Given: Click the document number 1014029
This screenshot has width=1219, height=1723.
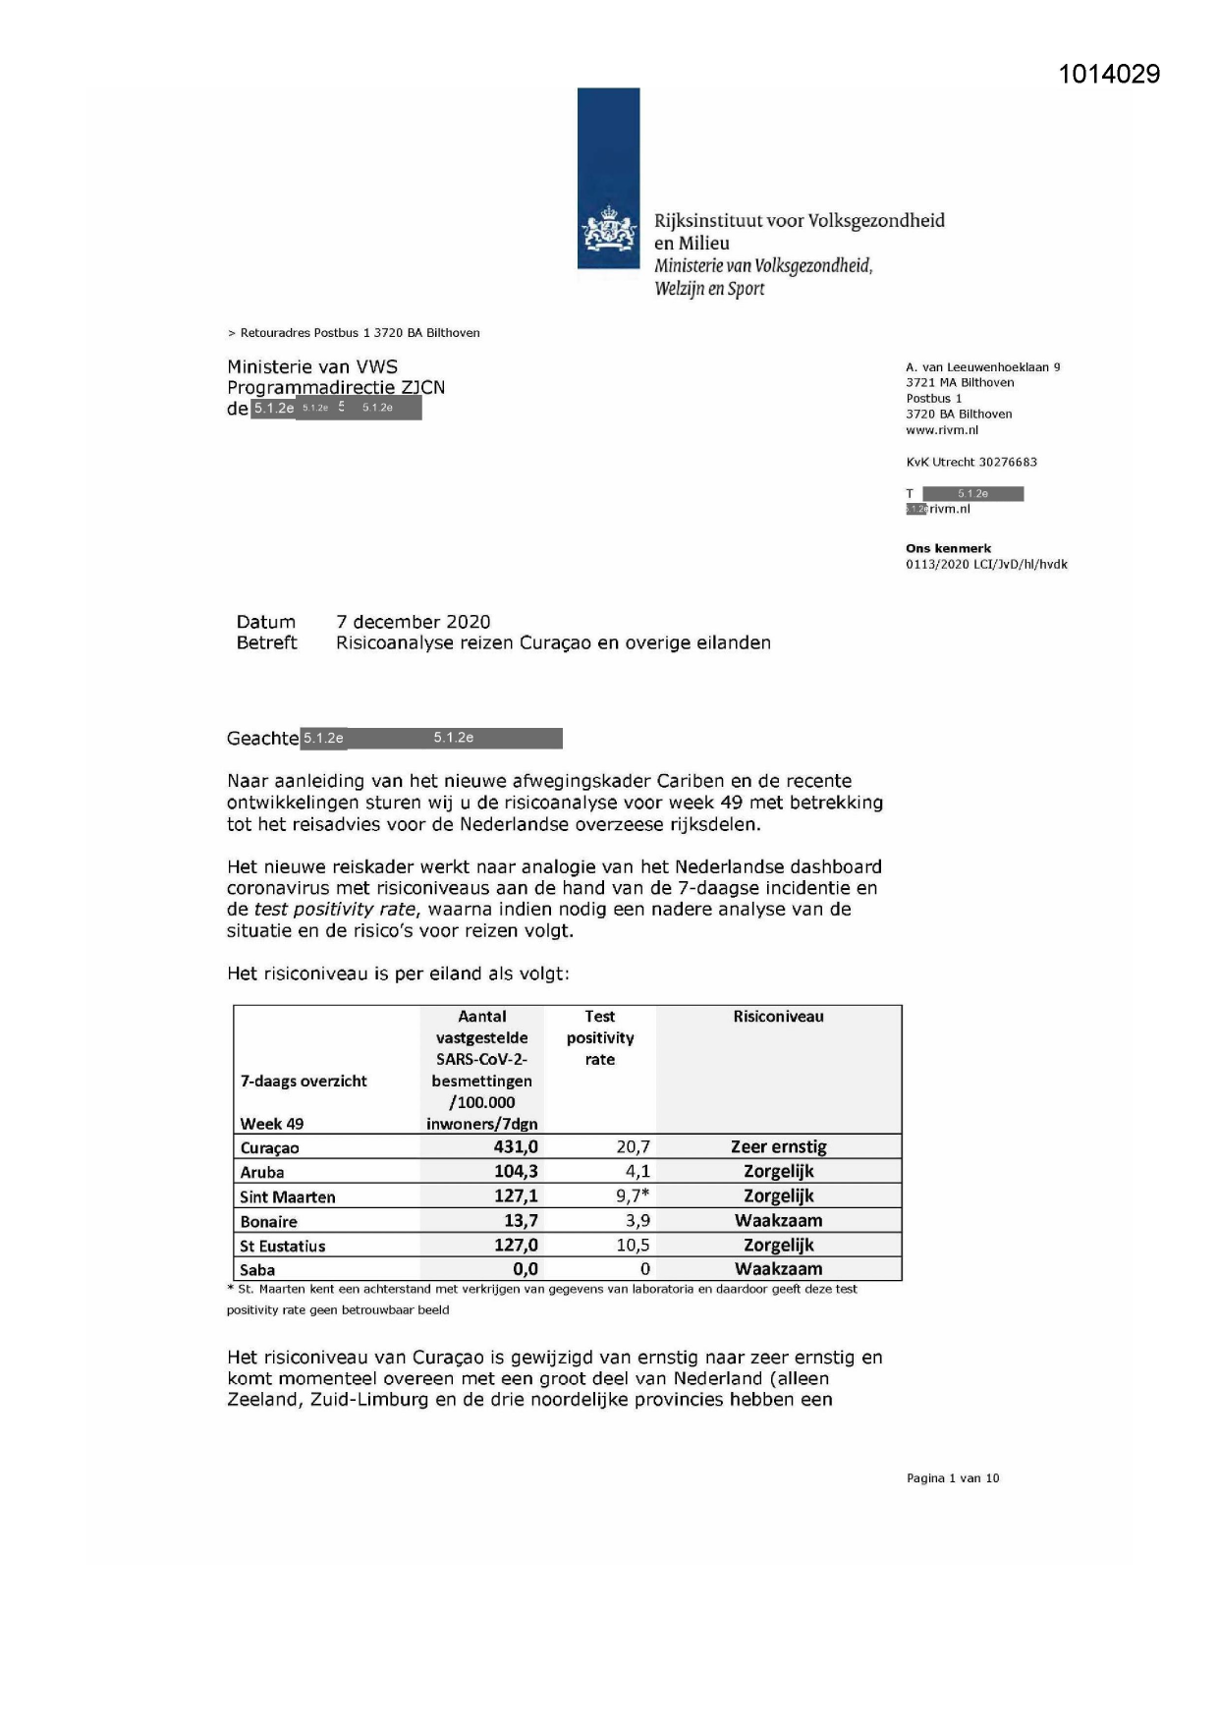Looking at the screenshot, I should point(1109,75).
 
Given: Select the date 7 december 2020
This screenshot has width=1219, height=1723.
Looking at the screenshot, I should point(413,622).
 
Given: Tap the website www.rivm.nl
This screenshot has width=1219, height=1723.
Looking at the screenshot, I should point(942,430).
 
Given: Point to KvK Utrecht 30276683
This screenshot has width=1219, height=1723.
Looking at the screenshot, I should point(970,462).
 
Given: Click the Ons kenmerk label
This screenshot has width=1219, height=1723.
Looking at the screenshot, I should point(948,549).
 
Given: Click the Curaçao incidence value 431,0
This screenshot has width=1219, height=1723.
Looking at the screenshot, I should point(516,1146).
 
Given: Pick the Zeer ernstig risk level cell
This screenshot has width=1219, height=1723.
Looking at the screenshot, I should point(778,1146).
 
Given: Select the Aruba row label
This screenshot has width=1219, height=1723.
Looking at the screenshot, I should point(262,1172).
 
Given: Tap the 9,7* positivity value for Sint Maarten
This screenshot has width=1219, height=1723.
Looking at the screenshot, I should point(633,1195).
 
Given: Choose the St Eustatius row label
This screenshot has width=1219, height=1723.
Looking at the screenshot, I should point(283,1246).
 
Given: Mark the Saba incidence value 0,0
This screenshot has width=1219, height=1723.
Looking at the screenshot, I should point(526,1269).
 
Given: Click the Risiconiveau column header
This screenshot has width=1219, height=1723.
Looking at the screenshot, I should point(778,1017).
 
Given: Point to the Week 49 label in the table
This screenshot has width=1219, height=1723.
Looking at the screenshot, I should point(272,1124).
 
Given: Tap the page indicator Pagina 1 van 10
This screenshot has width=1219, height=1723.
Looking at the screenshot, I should point(952,1478).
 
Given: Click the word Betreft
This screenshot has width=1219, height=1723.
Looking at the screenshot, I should point(266,643).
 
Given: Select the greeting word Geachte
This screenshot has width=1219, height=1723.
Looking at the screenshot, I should point(262,739).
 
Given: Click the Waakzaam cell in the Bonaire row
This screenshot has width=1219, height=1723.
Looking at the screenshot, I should point(778,1220).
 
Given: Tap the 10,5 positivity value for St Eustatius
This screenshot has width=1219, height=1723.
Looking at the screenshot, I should point(633,1245).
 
